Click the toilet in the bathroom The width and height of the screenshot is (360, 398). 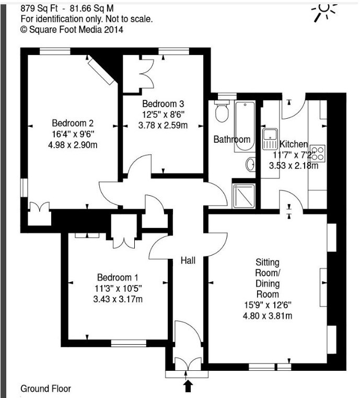pyautogui.click(x=222, y=111)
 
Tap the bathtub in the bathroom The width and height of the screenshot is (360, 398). pyautogui.click(x=245, y=126)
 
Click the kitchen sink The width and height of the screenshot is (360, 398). pyautogui.click(x=270, y=139)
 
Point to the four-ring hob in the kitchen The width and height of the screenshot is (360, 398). pyautogui.click(x=317, y=153)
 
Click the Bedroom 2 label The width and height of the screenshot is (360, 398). pyautogui.click(x=73, y=123)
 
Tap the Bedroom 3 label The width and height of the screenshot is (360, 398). pyautogui.click(x=163, y=104)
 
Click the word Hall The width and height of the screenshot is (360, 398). pyautogui.click(x=188, y=260)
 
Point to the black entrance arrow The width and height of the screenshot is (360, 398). pyautogui.click(x=188, y=385)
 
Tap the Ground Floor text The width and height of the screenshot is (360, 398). pyautogui.click(x=45, y=389)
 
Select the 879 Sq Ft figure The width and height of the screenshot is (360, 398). pyautogui.click(x=39, y=9)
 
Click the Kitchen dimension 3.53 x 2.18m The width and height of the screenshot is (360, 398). pyautogui.click(x=294, y=166)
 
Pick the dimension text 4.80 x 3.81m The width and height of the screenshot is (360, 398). pyautogui.click(x=268, y=316)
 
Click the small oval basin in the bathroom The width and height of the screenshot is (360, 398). pyautogui.click(x=250, y=164)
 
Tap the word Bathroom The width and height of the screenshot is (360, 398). pyautogui.click(x=232, y=139)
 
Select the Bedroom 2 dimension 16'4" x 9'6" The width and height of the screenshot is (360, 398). pyautogui.click(x=73, y=134)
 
